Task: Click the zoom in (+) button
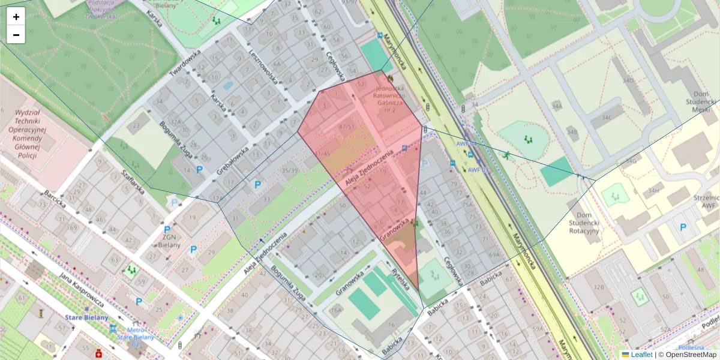click(x=16, y=17)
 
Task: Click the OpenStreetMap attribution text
click(x=687, y=355)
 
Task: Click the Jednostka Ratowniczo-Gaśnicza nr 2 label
click(x=391, y=100)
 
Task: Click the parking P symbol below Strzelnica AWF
click(x=683, y=227)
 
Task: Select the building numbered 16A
click(x=336, y=310)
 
